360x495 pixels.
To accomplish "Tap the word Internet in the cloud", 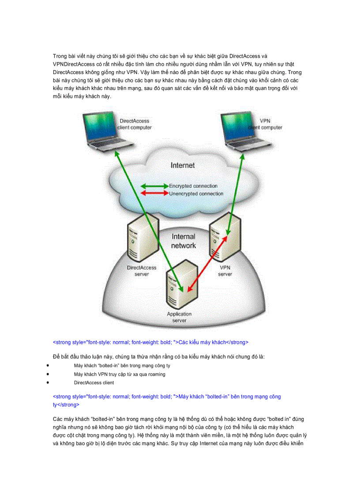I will pyautogui.click(x=183, y=166).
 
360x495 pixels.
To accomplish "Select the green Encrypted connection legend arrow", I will pyautogui.click(x=154, y=186).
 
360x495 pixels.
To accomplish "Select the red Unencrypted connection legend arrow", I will pyautogui.click(x=154, y=194).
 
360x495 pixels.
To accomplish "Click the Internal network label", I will pyautogui.click(x=183, y=241).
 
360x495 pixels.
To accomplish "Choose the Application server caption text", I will pyautogui.click(x=179, y=317).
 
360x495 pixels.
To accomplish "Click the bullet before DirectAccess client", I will pyautogui.click(x=47, y=383).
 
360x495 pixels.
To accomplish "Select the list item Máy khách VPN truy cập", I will pyautogui.click(x=120, y=374).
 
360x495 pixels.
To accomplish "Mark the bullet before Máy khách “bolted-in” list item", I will pyautogui.click(x=47, y=366).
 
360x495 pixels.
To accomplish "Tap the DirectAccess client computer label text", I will pyautogui.click(x=135, y=124).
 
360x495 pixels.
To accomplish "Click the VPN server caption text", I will pyautogui.click(x=225, y=271).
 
